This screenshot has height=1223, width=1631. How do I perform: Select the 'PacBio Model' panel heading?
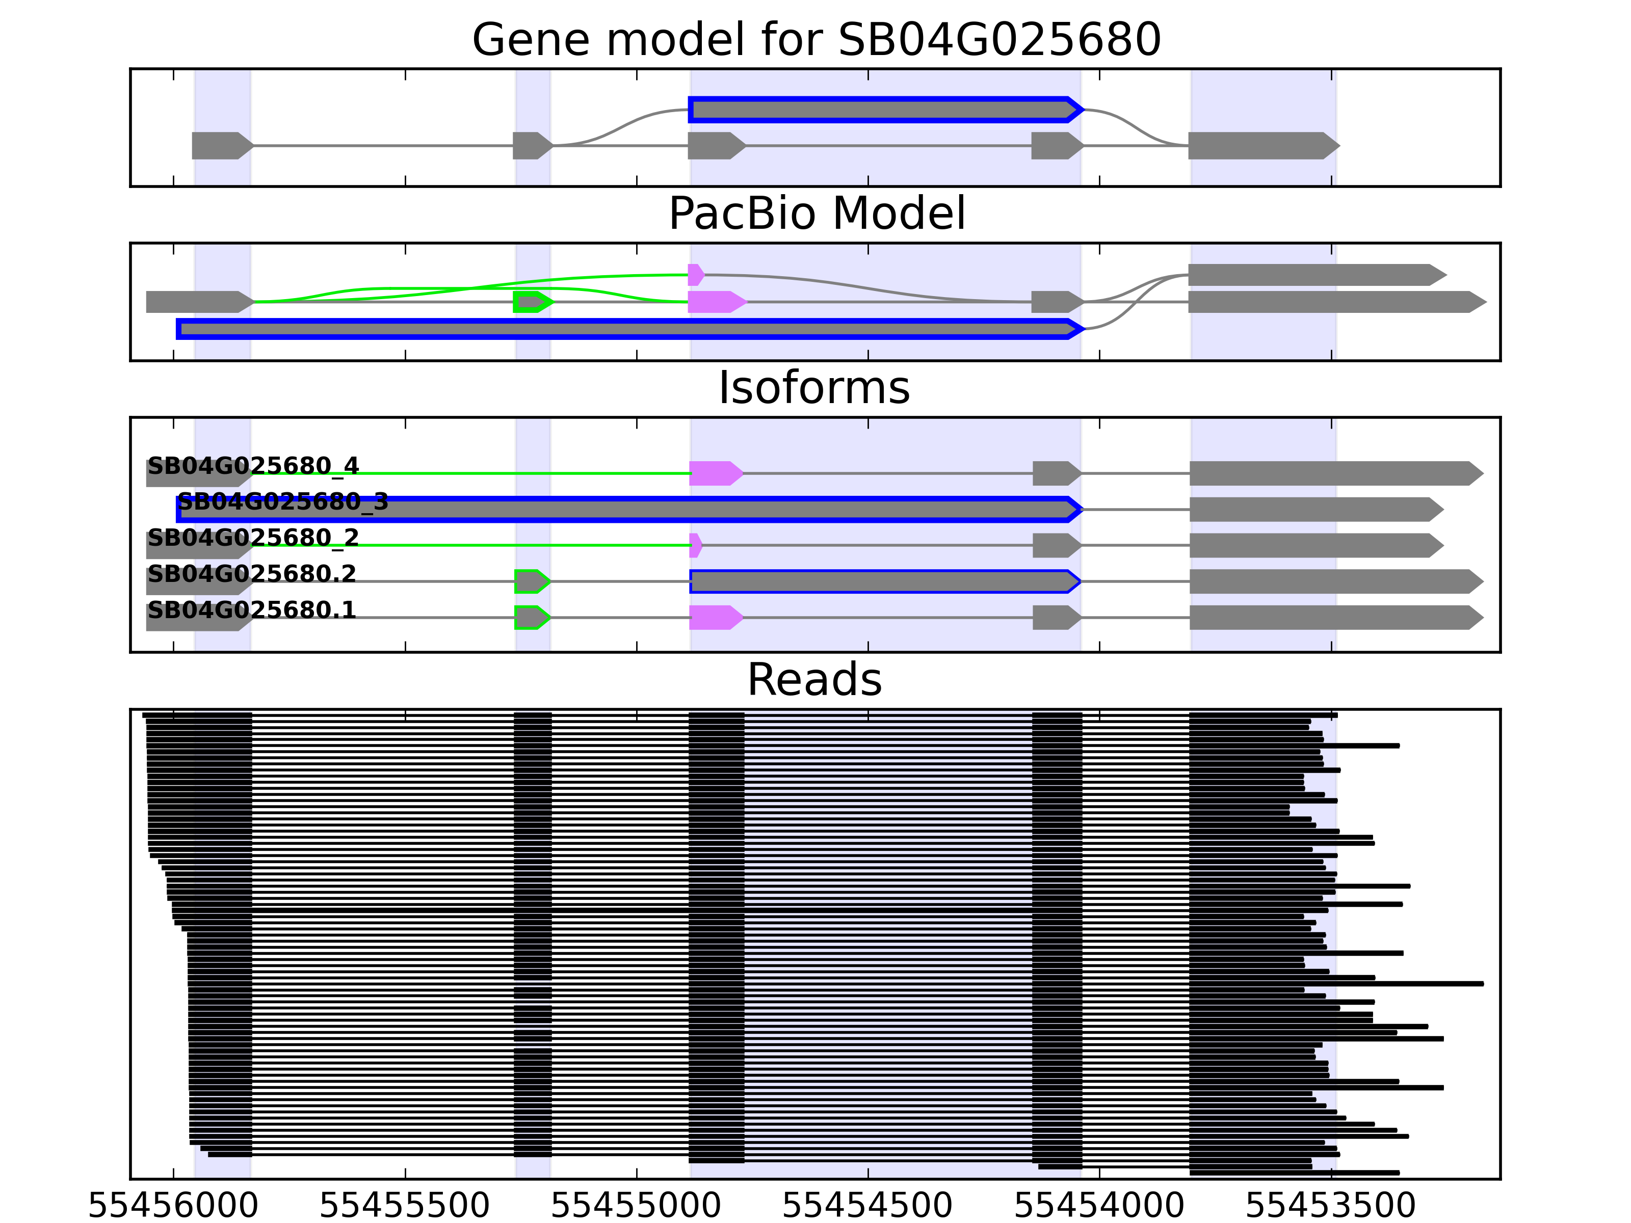click(816, 214)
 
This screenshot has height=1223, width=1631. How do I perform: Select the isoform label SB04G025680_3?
click(283, 501)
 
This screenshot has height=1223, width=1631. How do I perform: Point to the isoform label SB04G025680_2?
click(253, 538)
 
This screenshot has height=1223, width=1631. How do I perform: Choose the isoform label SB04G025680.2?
click(251, 573)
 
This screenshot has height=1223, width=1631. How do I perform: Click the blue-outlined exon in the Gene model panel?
click(885, 110)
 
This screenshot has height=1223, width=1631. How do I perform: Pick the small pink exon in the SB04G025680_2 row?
click(695, 546)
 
